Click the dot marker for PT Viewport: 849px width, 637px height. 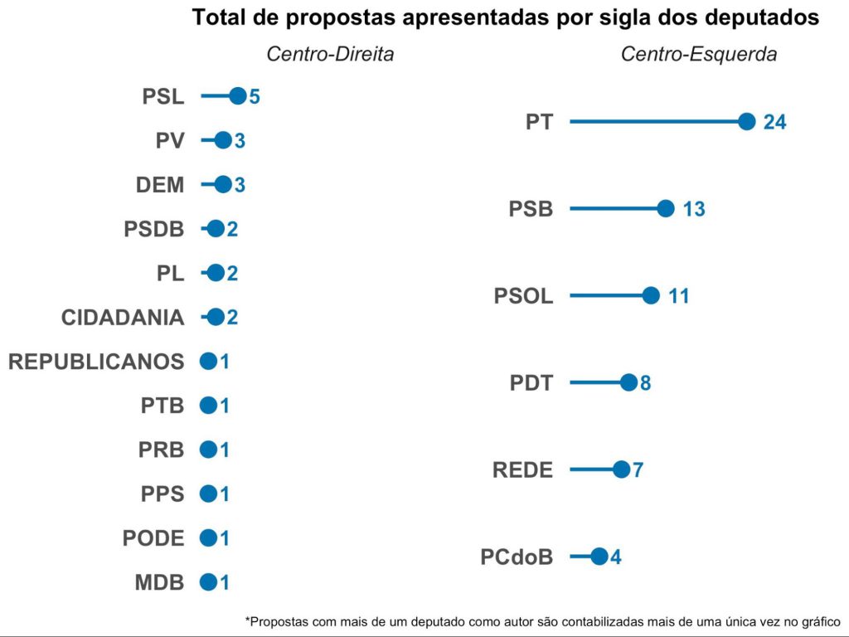tap(746, 122)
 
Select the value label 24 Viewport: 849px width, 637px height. tap(774, 122)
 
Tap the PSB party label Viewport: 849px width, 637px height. tap(531, 209)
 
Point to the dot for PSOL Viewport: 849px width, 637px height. tap(651, 295)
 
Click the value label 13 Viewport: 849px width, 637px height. tap(694, 209)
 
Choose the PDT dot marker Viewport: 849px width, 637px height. tap(628, 382)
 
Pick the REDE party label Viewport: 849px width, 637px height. tap(522, 469)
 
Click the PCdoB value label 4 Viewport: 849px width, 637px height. tap(615, 557)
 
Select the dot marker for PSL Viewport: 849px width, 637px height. tap(237, 96)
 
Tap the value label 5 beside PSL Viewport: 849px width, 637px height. tap(255, 96)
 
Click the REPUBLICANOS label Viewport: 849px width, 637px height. tap(95, 362)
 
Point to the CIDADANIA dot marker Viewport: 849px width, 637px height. tap(216, 317)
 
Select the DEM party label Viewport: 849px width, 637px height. tap(160, 184)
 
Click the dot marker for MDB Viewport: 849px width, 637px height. tap(208, 582)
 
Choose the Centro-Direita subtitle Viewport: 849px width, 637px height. tap(329, 55)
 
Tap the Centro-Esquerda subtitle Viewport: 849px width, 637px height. tap(699, 55)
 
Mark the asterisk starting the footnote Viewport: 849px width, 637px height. tap(247, 619)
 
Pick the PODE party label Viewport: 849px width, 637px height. tap(153, 537)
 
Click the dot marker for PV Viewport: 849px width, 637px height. tap(222, 140)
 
